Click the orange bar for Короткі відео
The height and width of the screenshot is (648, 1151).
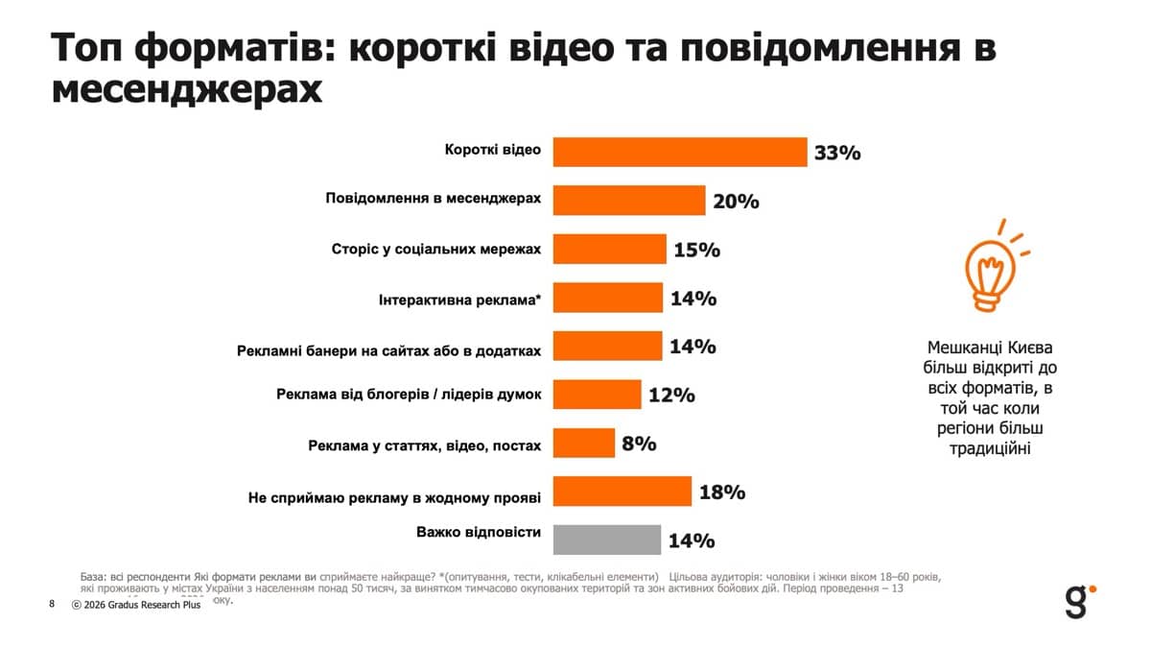(x=680, y=152)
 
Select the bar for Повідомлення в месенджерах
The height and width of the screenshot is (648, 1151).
(x=629, y=201)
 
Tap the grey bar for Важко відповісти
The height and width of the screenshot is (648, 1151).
(x=608, y=540)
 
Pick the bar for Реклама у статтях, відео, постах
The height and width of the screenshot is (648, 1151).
(x=584, y=443)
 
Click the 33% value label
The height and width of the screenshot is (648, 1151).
(x=837, y=153)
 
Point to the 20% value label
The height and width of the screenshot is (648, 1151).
(x=736, y=202)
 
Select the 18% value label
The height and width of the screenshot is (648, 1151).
(x=722, y=492)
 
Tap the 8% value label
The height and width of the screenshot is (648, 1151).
(x=639, y=444)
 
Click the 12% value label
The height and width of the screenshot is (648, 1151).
(x=671, y=395)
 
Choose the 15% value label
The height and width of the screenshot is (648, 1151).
(x=696, y=250)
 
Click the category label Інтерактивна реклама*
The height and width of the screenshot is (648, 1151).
(x=459, y=300)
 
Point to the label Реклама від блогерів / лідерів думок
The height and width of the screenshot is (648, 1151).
(x=409, y=395)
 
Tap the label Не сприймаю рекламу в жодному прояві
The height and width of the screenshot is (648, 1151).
(x=394, y=498)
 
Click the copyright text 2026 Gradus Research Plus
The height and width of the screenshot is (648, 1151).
(x=136, y=606)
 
